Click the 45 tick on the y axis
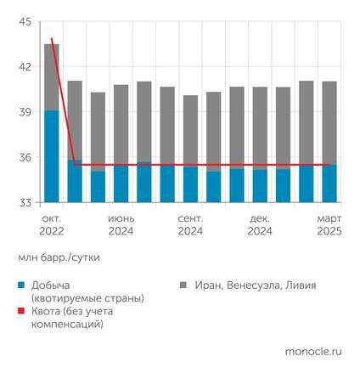point(25,21)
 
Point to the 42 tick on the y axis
point(25,67)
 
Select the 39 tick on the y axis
point(25,112)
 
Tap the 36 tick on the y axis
point(25,157)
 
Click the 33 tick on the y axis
point(25,202)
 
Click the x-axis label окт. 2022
point(51,223)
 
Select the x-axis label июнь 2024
point(121,223)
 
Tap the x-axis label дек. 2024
point(260,223)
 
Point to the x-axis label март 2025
point(328,223)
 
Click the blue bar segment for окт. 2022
point(52,156)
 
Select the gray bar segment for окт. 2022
point(52,76)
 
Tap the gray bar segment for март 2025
point(329,122)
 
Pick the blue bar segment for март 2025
point(329,184)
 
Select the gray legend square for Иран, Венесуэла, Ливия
point(185,286)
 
